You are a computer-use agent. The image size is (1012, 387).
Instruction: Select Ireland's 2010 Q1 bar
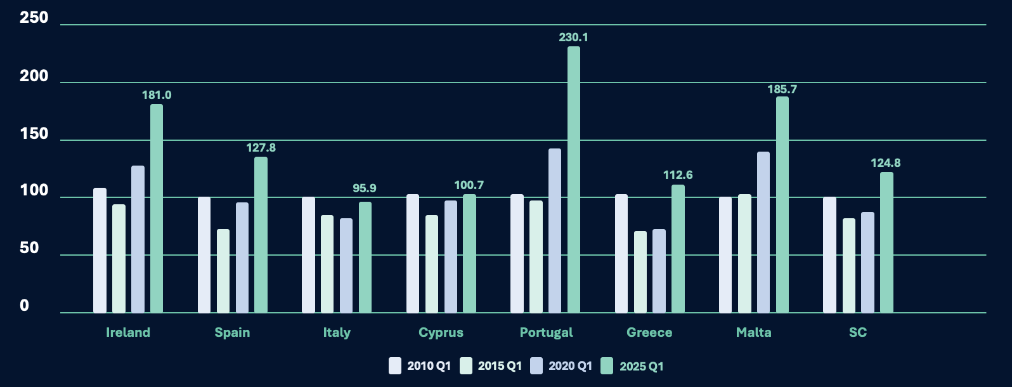click(x=100, y=250)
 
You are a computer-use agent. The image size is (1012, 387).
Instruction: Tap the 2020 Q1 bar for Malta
click(x=763, y=232)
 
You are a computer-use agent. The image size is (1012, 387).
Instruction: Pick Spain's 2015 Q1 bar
click(x=223, y=271)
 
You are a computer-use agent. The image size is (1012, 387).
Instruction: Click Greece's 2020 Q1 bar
click(x=659, y=271)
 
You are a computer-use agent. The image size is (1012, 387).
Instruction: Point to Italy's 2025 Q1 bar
click(x=365, y=257)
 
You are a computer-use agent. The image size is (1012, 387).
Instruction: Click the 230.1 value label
click(x=573, y=37)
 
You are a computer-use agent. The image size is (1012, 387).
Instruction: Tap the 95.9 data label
click(x=365, y=188)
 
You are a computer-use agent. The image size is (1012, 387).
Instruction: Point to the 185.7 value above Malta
click(x=782, y=89)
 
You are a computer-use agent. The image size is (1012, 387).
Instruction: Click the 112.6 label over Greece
click(x=678, y=175)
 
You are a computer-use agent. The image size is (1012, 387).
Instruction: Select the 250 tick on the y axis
click(x=34, y=18)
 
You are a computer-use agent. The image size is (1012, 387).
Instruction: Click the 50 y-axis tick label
click(x=29, y=248)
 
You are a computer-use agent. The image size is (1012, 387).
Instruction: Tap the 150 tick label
click(x=34, y=134)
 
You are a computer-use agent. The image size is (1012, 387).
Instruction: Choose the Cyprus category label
click(x=441, y=332)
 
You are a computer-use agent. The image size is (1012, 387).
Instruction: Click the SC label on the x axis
click(x=857, y=332)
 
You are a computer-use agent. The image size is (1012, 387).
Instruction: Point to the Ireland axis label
click(x=128, y=332)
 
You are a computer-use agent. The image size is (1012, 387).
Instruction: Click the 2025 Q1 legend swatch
click(x=607, y=366)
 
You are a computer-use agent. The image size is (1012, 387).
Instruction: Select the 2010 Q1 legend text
click(x=429, y=366)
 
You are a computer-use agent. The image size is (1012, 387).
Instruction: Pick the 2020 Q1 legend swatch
click(x=536, y=366)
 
